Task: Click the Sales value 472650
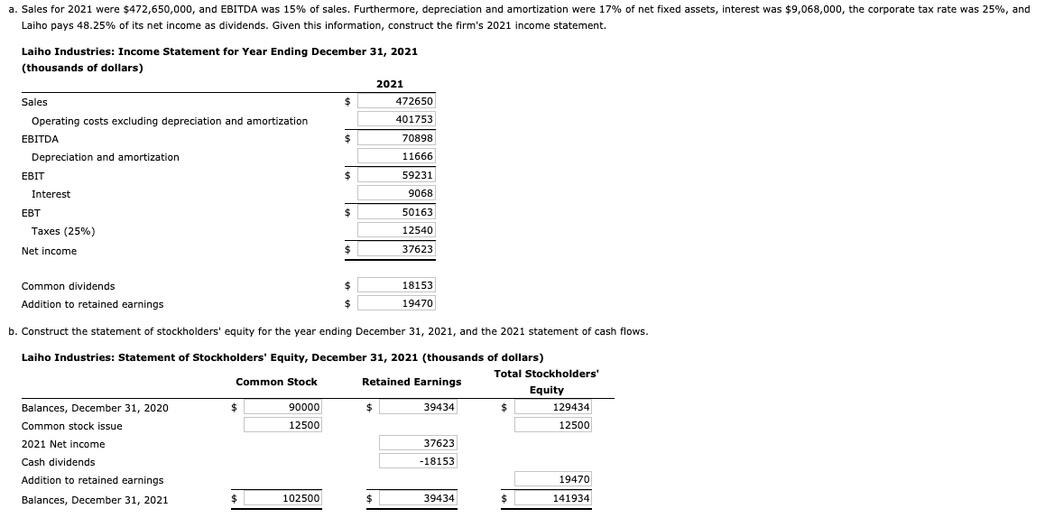[x=396, y=102]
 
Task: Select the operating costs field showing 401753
[x=396, y=120]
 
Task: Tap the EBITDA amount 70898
[x=396, y=139]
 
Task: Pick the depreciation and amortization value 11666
[x=396, y=157]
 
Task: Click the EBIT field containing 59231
[x=396, y=176]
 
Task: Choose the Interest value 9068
[x=396, y=194]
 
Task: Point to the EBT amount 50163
[x=396, y=212]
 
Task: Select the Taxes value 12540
[x=396, y=231]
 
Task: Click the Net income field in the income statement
[x=396, y=249]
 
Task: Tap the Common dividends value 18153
[x=396, y=285]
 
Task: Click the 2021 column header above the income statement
[x=390, y=84]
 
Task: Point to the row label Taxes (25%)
[x=63, y=231]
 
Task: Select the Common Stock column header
[x=276, y=382]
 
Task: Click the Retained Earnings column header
[x=412, y=382]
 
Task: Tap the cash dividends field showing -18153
[x=418, y=461]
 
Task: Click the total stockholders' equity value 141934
[x=553, y=499]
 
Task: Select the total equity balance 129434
[x=553, y=408]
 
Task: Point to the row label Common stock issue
[x=72, y=426]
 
